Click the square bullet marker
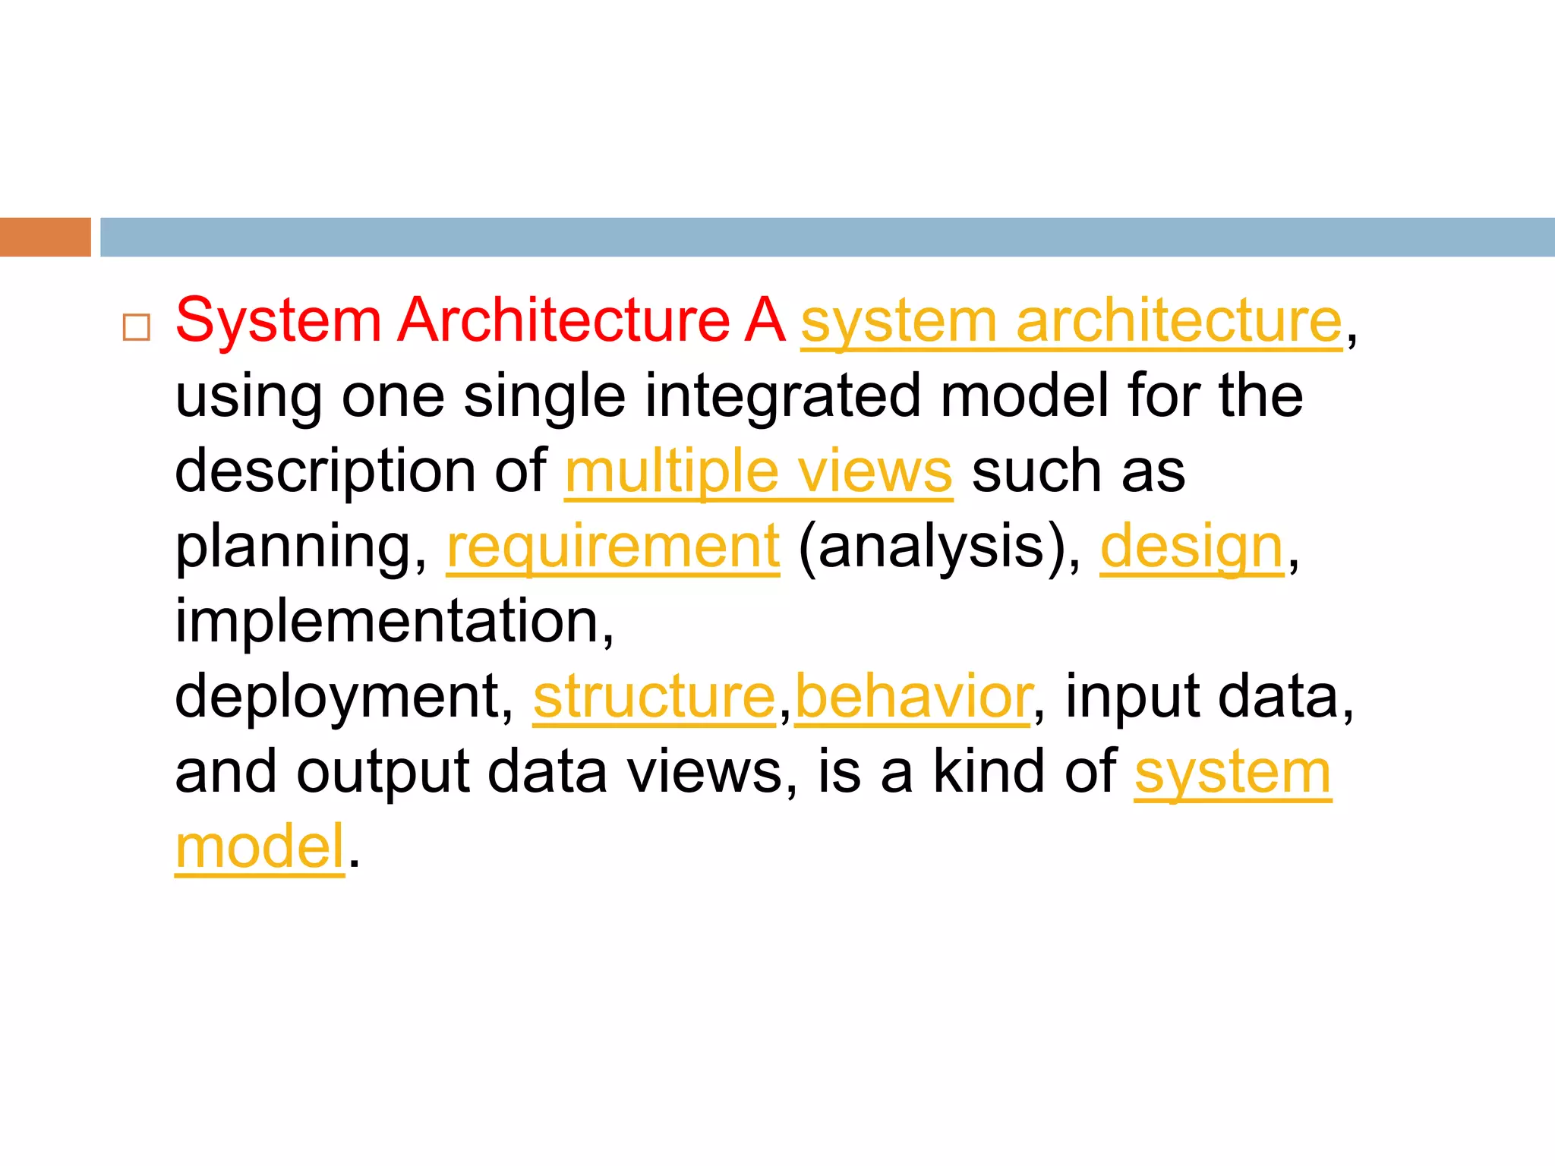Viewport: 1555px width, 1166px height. coord(137,327)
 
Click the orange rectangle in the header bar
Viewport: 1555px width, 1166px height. coord(46,237)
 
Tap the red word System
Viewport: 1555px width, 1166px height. coord(278,320)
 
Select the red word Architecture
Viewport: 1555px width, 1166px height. coord(563,320)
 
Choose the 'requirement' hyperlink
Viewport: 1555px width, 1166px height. coord(613,547)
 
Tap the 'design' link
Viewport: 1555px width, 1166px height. coord(1191,547)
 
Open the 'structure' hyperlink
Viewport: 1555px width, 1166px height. coord(654,697)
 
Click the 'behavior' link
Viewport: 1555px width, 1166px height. coord(913,697)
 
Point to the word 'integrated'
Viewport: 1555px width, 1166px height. coord(783,397)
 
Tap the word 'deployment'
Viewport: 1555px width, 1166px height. coord(338,697)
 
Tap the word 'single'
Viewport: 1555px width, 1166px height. coord(544,397)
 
